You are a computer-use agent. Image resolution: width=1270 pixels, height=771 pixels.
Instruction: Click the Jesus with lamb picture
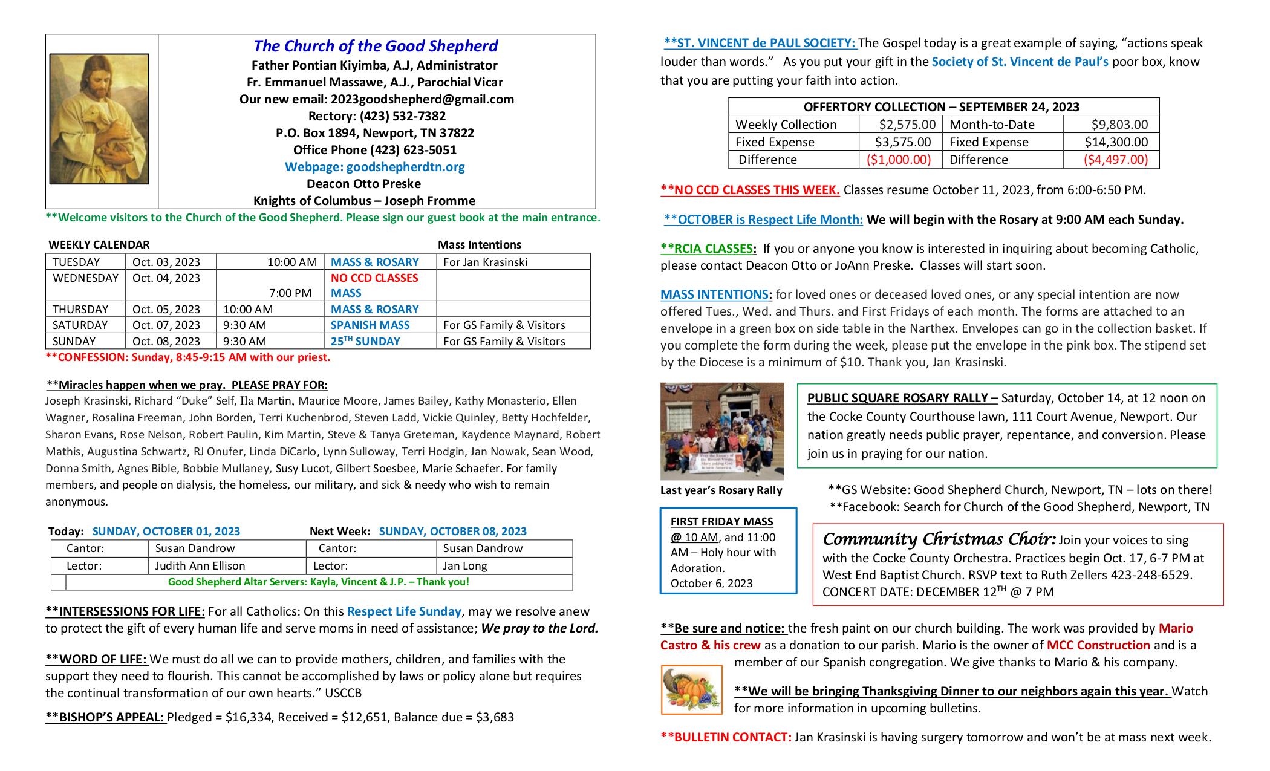[99, 119]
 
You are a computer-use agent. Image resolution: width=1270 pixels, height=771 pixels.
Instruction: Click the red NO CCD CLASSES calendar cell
[374, 278]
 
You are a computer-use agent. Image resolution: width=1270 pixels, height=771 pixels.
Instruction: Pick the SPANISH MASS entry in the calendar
[370, 325]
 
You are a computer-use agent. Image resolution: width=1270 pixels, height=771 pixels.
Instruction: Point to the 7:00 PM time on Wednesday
[290, 293]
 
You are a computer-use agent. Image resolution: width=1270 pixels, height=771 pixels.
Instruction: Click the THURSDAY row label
[80, 310]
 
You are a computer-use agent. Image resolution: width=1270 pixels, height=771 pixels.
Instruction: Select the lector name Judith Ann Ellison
[200, 566]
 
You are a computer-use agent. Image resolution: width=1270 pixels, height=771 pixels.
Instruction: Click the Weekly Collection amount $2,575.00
[907, 125]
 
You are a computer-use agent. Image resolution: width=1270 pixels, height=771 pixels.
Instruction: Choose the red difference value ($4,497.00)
[1116, 160]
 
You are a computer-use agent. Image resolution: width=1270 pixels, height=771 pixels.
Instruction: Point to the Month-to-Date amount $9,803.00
[1119, 125]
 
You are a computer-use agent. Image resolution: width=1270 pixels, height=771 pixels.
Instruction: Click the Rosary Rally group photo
[722, 431]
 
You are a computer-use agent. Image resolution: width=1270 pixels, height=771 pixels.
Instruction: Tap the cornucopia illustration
[691, 689]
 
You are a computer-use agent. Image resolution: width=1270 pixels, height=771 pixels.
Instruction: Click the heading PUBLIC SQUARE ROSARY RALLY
[902, 398]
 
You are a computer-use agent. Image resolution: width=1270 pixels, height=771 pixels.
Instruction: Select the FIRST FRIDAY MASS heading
[721, 522]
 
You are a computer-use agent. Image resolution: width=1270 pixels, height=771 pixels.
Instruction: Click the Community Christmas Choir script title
[939, 539]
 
